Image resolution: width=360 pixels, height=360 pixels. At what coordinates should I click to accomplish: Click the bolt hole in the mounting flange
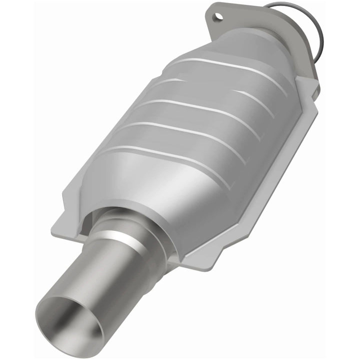pyautogui.click(x=218, y=16)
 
